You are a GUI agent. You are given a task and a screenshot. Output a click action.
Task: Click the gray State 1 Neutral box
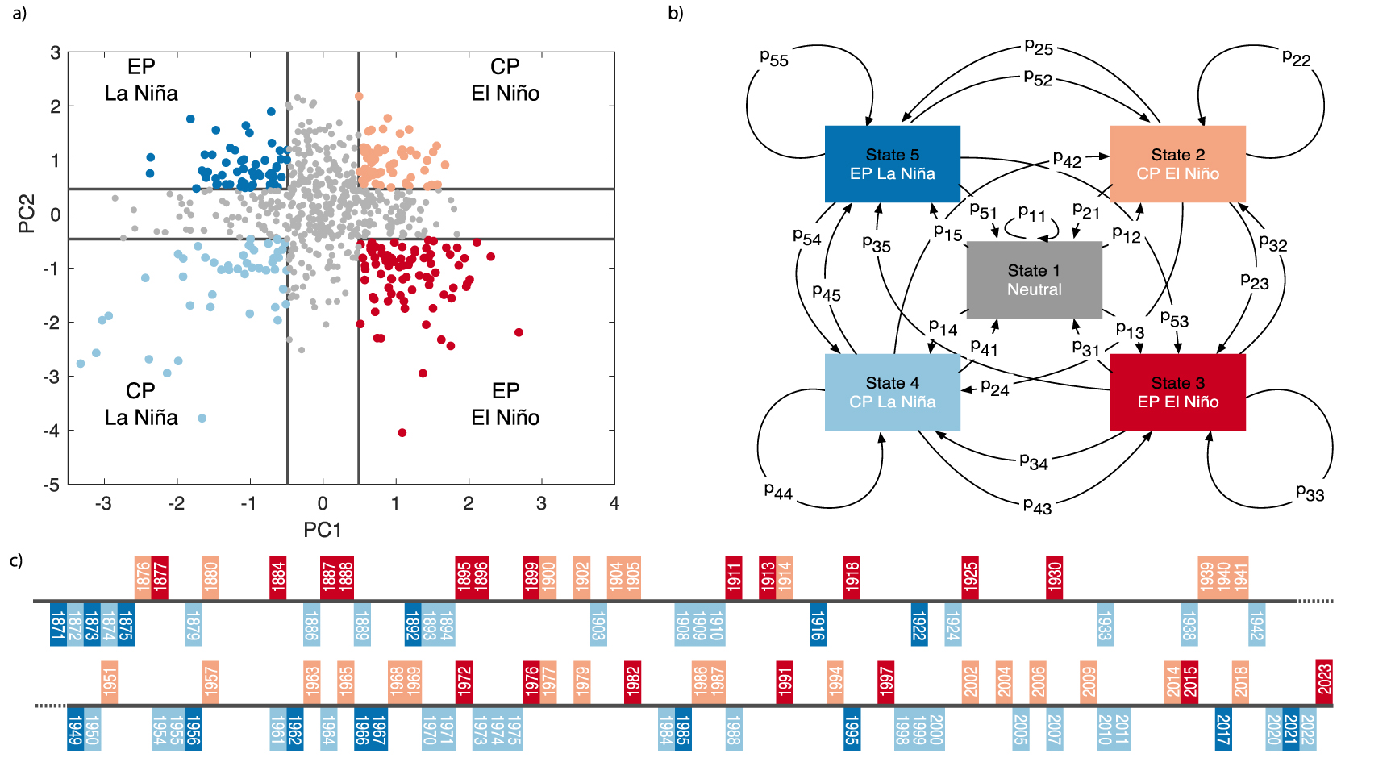pos(1034,280)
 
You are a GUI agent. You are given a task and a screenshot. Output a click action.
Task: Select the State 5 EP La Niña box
pos(892,164)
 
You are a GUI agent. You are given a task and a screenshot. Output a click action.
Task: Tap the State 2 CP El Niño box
pos(1177,164)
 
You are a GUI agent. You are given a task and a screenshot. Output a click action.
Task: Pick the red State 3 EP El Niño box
pos(1177,392)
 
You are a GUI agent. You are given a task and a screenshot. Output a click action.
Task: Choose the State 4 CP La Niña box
pos(892,392)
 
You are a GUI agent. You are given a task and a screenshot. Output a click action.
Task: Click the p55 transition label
pos(774,58)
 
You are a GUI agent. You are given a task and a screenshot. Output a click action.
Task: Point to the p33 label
pos(1310,493)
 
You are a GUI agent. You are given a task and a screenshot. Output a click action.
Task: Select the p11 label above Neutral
pos(1031,214)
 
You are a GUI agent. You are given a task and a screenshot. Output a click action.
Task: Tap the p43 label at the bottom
pos(1037,506)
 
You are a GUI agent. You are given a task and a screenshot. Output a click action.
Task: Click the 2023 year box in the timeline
pos(1324,681)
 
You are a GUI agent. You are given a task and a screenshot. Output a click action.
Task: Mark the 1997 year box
pos(885,682)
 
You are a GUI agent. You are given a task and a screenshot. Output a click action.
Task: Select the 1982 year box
pos(632,682)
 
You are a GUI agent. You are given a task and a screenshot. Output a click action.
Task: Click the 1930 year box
pos(1054,578)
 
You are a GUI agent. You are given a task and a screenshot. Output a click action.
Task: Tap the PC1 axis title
pos(323,530)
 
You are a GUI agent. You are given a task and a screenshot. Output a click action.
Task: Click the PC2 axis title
pos(27,214)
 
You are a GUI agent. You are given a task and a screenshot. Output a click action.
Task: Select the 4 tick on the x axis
pos(614,504)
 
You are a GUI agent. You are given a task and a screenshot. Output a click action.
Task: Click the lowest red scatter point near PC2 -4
pos(402,433)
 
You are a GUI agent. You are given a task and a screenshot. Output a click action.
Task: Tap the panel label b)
pos(676,14)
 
